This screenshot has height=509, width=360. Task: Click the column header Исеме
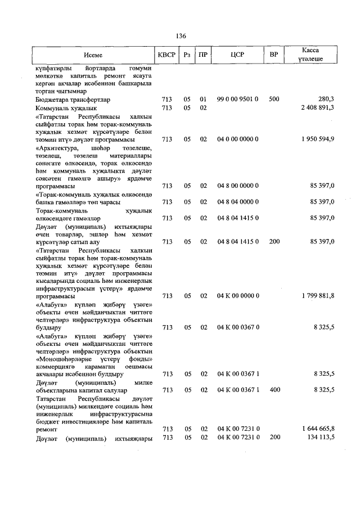pyautogui.click(x=93, y=55)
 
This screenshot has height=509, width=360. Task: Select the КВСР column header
pyautogui.click(x=166, y=55)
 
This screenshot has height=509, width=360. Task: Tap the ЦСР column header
pyautogui.click(x=237, y=55)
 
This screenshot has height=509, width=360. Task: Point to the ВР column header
pyautogui.click(x=274, y=55)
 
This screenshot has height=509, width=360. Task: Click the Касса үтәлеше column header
pyautogui.click(x=311, y=55)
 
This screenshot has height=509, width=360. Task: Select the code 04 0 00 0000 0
pyautogui.click(x=237, y=138)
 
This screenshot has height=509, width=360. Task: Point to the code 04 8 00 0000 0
pyautogui.click(x=237, y=186)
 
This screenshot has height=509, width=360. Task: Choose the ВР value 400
pyautogui.click(x=274, y=389)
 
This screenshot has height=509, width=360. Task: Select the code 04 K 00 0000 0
pyautogui.click(x=237, y=295)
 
